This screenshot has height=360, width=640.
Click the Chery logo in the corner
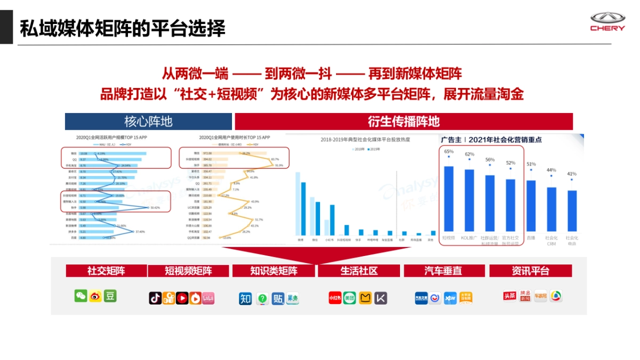pos(607,22)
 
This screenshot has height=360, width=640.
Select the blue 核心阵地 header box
pos(148,121)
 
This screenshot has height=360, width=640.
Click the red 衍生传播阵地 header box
pos(403,121)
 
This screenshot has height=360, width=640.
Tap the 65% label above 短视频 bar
pos(449,151)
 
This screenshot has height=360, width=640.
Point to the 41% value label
pos(572,174)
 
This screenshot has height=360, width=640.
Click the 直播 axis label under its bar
pos(531,237)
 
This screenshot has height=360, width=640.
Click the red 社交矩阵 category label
pos(106,270)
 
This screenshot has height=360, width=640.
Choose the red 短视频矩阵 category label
pos(188,271)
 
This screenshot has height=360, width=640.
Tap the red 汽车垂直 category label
pos(444,271)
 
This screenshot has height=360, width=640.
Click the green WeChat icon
pos(81,296)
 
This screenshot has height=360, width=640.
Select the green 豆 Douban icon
pos(110,296)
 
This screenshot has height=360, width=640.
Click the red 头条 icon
pos(510,296)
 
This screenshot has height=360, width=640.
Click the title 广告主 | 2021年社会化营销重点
pos(491,140)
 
